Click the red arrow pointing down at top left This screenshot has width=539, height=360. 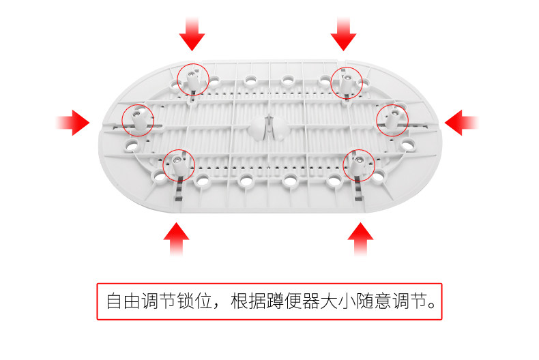click(x=192, y=33)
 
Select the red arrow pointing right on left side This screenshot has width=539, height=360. click(x=74, y=123)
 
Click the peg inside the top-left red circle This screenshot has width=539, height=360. click(x=193, y=80)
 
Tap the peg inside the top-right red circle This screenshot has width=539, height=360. click(x=347, y=82)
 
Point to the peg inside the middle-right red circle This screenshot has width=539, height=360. click(x=393, y=119)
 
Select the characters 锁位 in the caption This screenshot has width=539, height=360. click(x=193, y=301)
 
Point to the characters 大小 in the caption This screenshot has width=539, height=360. click(x=345, y=301)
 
